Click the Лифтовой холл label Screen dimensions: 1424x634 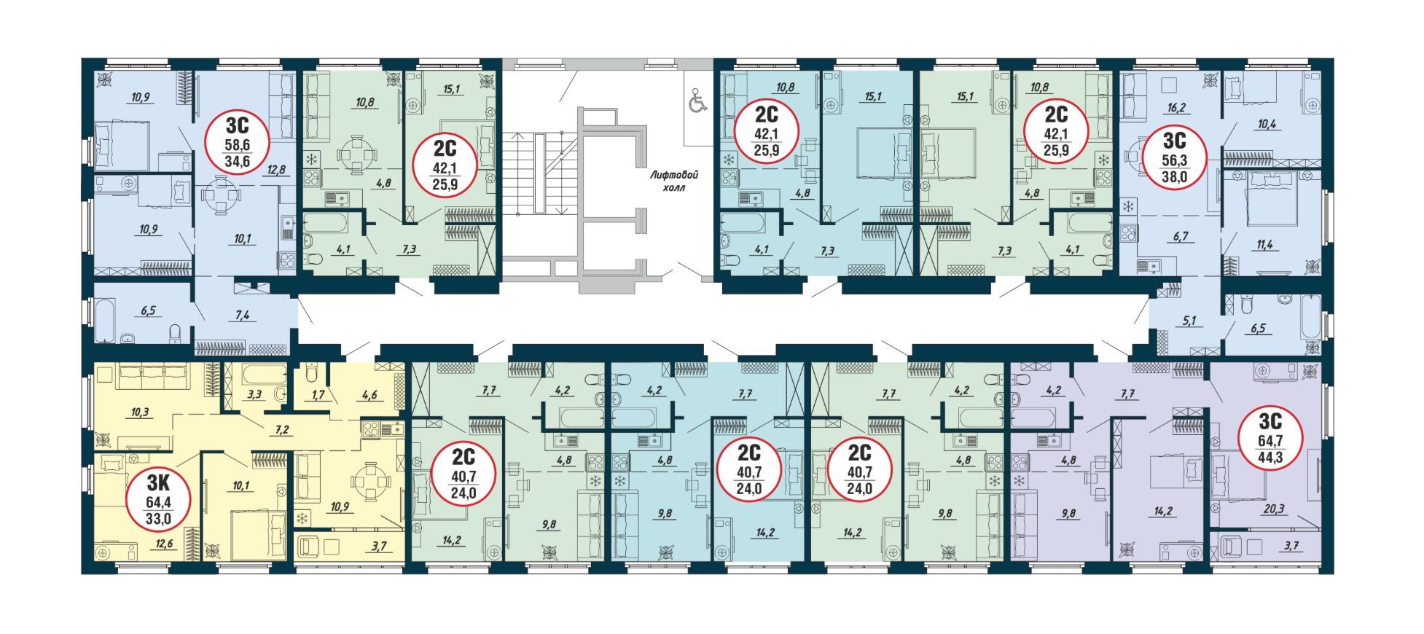(676, 181)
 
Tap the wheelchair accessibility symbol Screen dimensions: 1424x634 (697, 100)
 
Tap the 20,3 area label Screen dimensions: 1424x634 (1266, 509)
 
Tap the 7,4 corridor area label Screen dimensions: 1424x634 (242, 315)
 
